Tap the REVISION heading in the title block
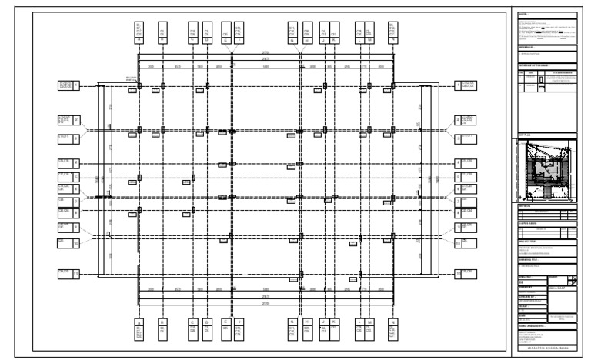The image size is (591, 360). (x=526, y=206)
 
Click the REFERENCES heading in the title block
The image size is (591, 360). (x=528, y=48)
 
